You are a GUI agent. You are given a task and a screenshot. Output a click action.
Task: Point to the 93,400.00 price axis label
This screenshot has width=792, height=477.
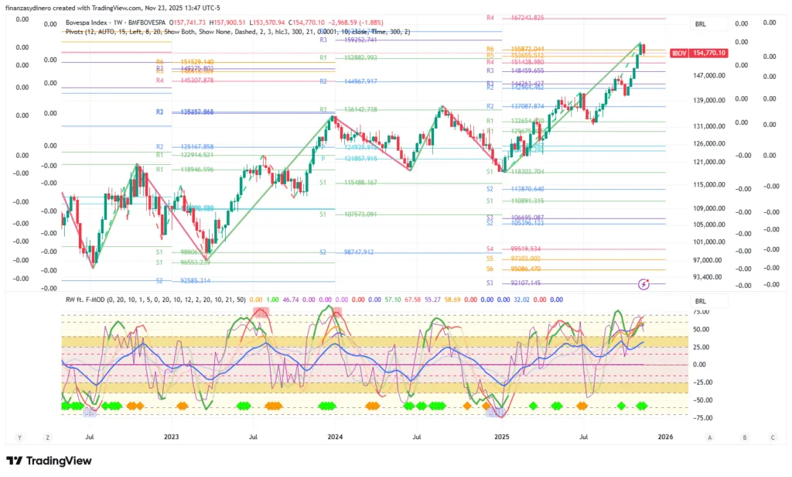(x=705, y=276)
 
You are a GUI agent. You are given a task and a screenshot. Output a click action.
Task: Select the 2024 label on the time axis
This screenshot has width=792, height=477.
(x=335, y=437)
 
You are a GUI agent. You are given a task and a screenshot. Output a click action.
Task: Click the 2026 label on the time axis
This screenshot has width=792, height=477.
(x=664, y=437)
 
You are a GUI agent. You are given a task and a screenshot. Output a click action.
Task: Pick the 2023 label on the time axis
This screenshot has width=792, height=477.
(x=172, y=437)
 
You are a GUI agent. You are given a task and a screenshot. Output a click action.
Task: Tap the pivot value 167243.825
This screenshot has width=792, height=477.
(x=527, y=18)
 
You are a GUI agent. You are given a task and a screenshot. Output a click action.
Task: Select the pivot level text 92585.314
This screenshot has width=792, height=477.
(x=196, y=280)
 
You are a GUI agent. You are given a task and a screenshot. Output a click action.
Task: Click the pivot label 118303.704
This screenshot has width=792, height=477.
(x=527, y=171)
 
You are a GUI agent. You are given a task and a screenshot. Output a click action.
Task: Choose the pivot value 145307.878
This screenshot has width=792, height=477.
(x=196, y=80)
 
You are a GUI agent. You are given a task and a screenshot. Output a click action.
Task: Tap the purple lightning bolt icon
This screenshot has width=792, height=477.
(x=644, y=285)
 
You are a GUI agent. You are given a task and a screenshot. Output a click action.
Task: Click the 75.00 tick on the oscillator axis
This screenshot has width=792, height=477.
(x=702, y=311)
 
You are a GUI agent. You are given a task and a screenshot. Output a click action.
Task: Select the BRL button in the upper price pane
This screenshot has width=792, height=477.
(x=701, y=26)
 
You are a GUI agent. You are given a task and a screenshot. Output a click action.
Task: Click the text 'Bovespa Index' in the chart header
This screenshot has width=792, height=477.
(x=86, y=23)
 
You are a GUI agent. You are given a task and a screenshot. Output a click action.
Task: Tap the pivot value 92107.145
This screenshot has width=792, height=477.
(x=527, y=283)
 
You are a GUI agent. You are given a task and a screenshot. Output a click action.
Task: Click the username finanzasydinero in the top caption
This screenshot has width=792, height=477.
(x=33, y=8)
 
